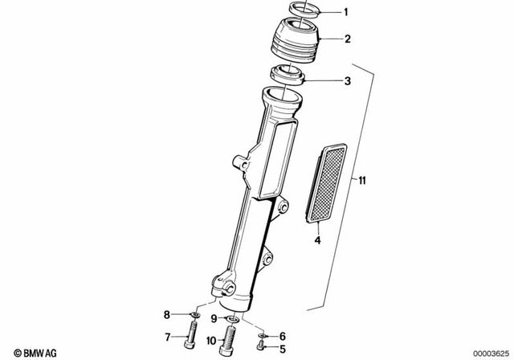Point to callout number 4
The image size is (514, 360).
tap(316, 239)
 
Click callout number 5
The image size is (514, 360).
tap(282, 349)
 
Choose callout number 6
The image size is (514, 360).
tap(282, 336)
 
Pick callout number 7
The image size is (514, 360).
tap(168, 336)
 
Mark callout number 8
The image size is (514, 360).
tap(168, 314)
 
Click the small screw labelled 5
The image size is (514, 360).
tap(263, 347)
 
